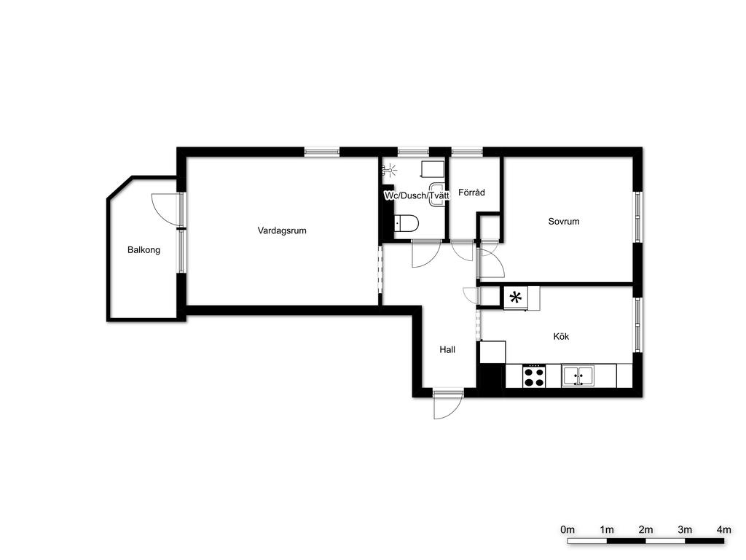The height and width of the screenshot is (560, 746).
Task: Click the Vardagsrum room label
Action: (282, 231)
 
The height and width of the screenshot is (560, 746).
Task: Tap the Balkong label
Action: (144, 250)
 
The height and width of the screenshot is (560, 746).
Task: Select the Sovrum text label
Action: (564, 222)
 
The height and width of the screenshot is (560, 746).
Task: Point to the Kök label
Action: (561, 337)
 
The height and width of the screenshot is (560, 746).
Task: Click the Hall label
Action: (447, 350)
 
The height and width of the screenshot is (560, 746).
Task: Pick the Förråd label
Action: (471, 192)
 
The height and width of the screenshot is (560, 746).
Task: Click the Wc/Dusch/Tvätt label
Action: (417, 195)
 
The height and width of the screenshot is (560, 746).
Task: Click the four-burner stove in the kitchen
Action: (534, 376)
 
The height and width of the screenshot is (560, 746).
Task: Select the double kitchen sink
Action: (578, 376)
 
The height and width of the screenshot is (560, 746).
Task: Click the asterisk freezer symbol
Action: (515, 298)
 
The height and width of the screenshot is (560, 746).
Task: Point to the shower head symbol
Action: (390, 168)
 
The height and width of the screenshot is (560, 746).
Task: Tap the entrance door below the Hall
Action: (448, 404)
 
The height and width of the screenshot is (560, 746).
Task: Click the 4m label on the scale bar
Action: (723, 530)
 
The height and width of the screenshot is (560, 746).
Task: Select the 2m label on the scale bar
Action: (645, 530)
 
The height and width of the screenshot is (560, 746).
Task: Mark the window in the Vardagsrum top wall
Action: (322, 152)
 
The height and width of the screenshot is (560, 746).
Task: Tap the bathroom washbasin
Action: (437, 195)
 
